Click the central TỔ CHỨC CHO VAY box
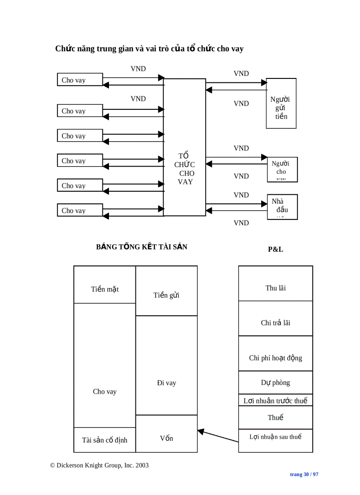184,147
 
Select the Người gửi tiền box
281,104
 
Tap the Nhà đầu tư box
282,207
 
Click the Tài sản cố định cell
105,440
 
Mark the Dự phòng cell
275,383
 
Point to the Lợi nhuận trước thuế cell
275,400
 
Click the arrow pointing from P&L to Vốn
218,436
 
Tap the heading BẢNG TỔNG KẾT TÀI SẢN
142,247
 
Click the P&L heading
275,249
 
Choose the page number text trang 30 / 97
304,474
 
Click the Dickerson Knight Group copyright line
99,465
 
